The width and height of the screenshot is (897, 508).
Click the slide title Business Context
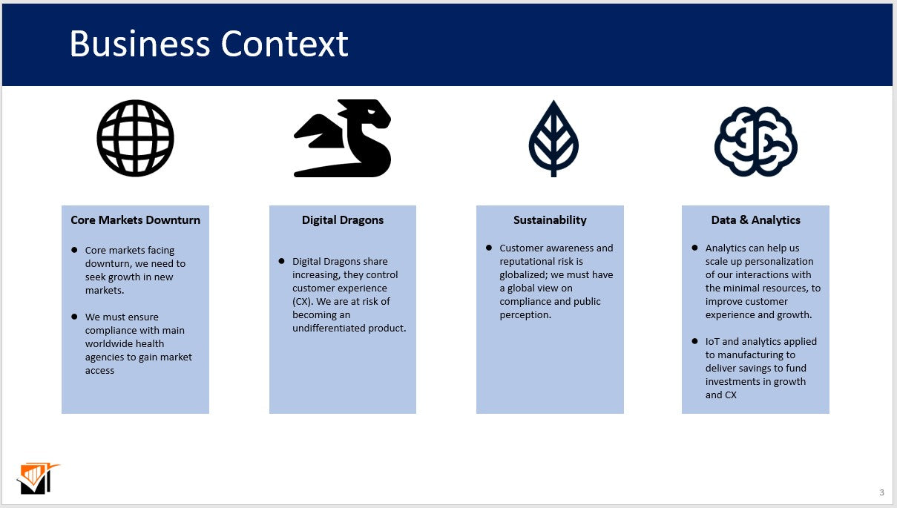coord(208,44)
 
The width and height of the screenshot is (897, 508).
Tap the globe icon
coord(135,138)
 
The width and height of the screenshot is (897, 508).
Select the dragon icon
coord(342,138)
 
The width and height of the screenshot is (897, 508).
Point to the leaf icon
coord(553,139)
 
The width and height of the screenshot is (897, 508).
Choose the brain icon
coord(755,142)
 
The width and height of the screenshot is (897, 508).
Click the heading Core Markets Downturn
coord(135,220)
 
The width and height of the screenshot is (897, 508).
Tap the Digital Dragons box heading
coord(342,220)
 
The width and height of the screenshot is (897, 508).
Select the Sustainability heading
coord(550,220)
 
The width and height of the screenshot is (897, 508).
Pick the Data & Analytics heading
coord(755,220)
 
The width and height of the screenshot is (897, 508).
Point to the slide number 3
coord(881,492)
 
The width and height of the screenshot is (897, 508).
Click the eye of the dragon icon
coord(371,112)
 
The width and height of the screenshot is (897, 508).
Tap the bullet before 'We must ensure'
coord(74,317)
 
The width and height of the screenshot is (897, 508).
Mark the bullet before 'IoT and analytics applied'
coord(694,341)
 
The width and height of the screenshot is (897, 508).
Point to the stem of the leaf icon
coord(553,170)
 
